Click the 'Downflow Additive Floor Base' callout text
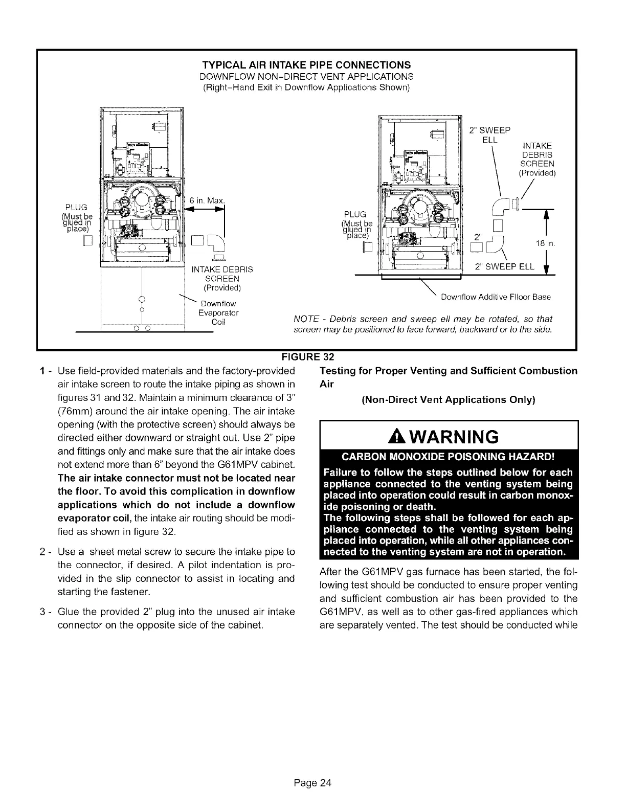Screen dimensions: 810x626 (x=496, y=297)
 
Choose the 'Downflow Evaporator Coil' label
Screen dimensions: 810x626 (x=212, y=312)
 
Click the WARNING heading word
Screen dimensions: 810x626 (x=457, y=437)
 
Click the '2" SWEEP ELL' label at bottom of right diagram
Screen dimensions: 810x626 (x=504, y=266)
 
